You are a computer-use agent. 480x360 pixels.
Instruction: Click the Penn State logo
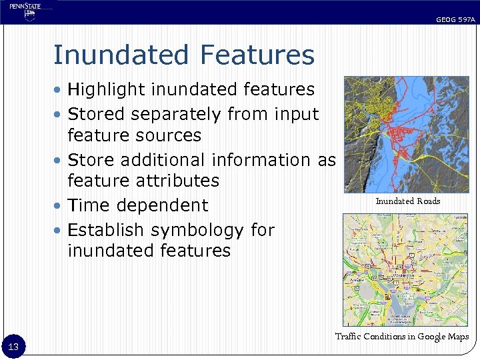point(25,11)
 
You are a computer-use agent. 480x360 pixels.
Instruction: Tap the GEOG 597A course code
point(455,20)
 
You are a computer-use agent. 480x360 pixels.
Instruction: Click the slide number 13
point(13,346)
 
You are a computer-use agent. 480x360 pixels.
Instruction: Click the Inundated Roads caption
point(407,201)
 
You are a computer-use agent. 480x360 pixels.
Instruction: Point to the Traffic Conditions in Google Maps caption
point(401,337)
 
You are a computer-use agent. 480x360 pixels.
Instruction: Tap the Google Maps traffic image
point(405,269)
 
